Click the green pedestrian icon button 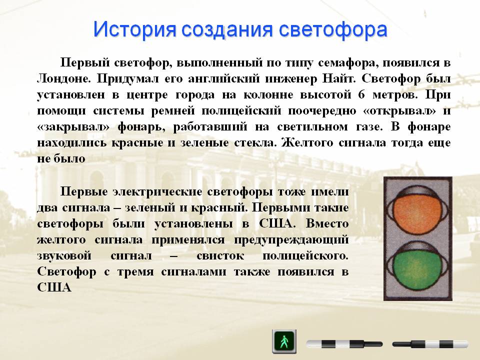(284, 341)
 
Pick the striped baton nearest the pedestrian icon (344, 343)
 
